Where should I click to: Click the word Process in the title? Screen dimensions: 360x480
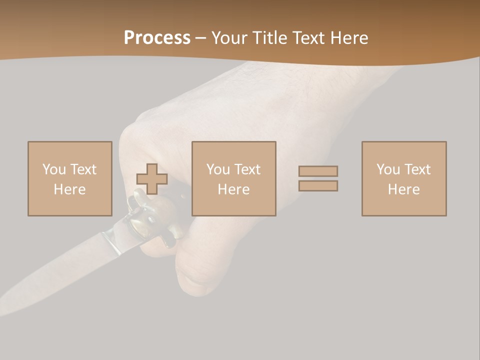point(157,38)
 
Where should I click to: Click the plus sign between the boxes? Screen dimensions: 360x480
point(152,179)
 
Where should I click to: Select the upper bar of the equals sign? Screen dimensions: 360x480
point(318,171)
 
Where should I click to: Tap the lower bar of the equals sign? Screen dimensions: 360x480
point(318,185)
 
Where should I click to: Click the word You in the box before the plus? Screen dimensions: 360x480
point(53,169)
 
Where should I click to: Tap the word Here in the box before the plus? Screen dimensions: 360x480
point(70,189)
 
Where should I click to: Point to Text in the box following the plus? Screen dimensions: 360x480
point(247,169)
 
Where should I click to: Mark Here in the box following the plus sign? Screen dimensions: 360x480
point(234,189)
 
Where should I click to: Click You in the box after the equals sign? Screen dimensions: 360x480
point(387,169)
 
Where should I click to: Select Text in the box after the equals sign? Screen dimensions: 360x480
point(417,169)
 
